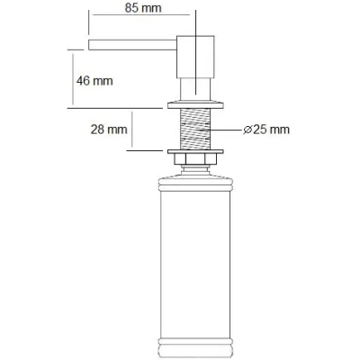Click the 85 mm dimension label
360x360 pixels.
(x=143, y=8)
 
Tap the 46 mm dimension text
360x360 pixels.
(x=94, y=81)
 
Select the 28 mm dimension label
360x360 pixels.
(x=109, y=130)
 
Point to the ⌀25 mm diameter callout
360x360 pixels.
(x=266, y=130)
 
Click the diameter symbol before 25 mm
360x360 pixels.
(x=247, y=130)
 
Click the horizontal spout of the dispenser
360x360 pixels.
(x=132, y=44)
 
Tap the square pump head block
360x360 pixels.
(x=195, y=57)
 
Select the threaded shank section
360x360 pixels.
(x=195, y=129)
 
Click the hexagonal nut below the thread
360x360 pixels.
(x=195, y=158)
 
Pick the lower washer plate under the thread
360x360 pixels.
(x=195, y=151)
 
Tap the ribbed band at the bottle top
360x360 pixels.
(x=195, y=184)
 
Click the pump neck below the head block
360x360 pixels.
(x=195, y=88)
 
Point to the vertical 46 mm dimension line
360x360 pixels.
(x=73, y=79)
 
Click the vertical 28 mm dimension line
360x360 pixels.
(x=131, y=130)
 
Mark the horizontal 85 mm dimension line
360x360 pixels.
(x=141, y=14)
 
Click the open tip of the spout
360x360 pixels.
(x=89, y=44)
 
